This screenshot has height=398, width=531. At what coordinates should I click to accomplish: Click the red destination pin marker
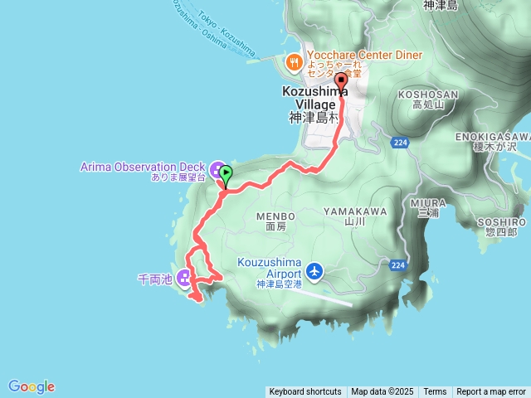pos(339,81)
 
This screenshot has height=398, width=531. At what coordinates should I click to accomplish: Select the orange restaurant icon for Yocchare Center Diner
pos(293,61)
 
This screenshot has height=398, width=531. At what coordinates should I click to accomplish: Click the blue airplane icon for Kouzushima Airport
pos(314,270)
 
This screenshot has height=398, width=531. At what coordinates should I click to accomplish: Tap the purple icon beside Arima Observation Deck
pos(217,171)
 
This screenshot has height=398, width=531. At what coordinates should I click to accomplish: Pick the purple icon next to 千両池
pos(183,279)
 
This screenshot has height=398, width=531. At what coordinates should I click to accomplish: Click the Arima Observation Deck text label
pos(143,166)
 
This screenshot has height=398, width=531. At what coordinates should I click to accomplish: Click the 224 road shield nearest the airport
pos(396,265)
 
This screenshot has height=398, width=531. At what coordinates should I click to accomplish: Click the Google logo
pos(32,386)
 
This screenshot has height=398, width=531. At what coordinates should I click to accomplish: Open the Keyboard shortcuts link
pos(305,392)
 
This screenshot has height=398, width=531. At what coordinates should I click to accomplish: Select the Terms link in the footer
pos(435,392)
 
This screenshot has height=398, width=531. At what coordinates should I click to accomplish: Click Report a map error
pos(491,392)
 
